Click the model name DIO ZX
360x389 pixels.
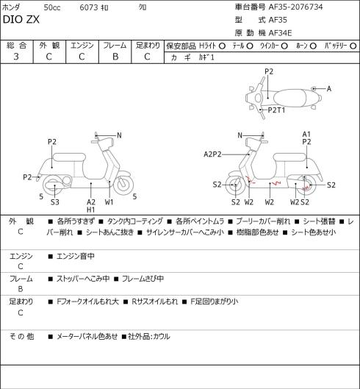(x=21, y=20)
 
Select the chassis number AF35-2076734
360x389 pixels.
(x=295, y=7)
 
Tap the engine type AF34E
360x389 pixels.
(x=280, y=33)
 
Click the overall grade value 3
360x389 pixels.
(x=16, y=57)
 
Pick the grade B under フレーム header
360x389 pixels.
(x=115, y=57)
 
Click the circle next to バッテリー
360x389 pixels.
(x=353, y=46)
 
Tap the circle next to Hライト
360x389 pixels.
(x=222, y=46)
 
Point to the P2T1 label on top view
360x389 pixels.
(x=276, y=110)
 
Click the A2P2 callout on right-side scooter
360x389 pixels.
(x=212, y=154)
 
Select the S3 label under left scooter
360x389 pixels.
(x=55, y=202)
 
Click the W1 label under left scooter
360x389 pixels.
(x=109, y=202)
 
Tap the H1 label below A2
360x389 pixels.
(x=91, y=210)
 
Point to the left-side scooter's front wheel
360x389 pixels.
(x=123, y=185)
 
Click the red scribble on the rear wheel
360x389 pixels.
(x=306, y=188)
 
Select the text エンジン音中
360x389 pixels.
(x=76, y=256)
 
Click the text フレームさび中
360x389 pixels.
(x=143, y=279)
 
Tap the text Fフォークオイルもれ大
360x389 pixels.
(x=87, y=301)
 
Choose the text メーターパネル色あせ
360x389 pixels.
(x=87, y=336)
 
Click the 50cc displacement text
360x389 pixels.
(x=52, y=7)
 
